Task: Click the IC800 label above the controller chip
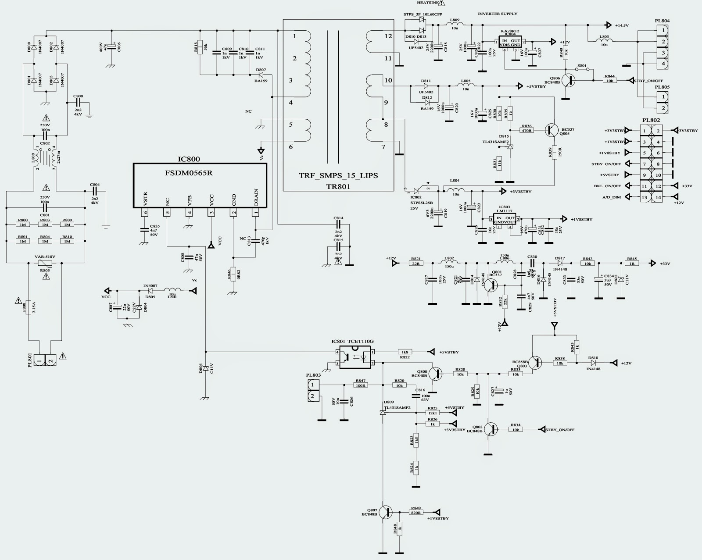[x=188, y=159]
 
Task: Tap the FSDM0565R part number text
[x=189, y=172]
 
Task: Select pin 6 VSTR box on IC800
[x=145, y=213]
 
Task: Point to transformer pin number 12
[x=388, y=36]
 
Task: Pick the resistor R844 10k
[x=610, y=81]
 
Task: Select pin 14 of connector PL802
[x=658, y=197]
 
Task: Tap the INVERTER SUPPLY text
[x=497, y=14]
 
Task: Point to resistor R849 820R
[x=415, y=512]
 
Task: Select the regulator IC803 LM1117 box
[x=505, y=218]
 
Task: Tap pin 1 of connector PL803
[x=312, y=385]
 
